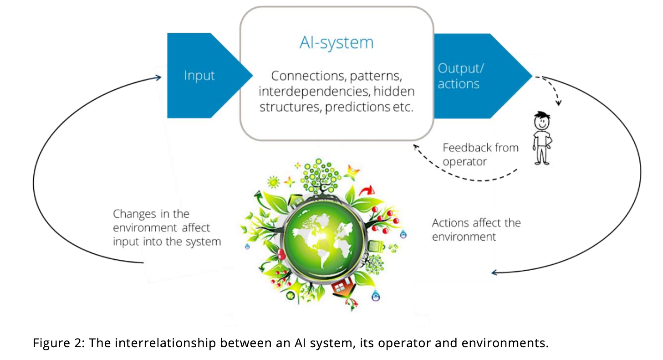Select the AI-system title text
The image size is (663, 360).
click(336, 42)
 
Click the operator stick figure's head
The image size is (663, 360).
click(541, 121)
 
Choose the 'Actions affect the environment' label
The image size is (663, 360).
click(476, 230)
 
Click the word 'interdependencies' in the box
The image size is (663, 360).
click(314, 92)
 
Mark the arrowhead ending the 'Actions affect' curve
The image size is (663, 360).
click(494, 273)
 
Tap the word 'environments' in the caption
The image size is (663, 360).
click(504, 343)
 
